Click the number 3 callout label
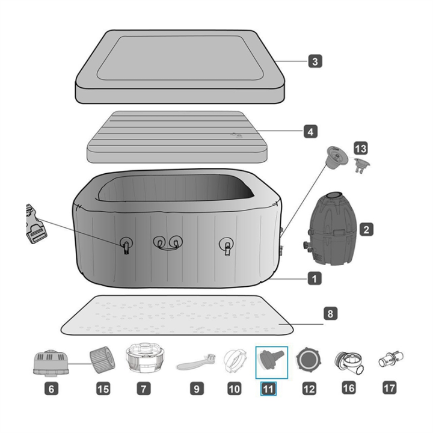click(x=315, y=61)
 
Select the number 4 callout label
click(x=311, y=132)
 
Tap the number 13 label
click(x=361, y=149)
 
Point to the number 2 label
click(x=366, y=230)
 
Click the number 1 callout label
click(x=315, y=278)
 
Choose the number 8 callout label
click(x=330, y=313)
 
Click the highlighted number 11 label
click(x=268, y=388)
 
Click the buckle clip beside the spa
click(x=36, y=224)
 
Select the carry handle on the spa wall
click(x=168, y=243)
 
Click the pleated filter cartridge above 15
click(x=101, y=359)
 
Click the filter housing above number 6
click(x=51, y=363)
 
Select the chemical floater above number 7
click(x=146, y=358)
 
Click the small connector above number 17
click(x=390, y=359)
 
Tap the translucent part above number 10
click(x=235, y=361)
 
